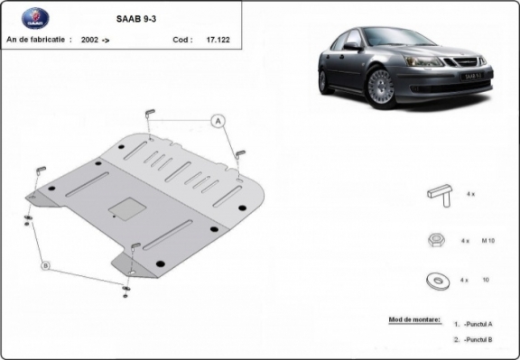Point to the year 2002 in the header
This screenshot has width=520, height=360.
pos(90,40)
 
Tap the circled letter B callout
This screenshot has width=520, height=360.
pos(45,264)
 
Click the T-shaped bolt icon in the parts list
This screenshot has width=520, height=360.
pos(440,194)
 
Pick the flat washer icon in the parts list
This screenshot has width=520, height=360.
pos(439,281)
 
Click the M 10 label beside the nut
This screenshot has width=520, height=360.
pos(488,241)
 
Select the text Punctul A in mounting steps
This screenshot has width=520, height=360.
pos(478,324)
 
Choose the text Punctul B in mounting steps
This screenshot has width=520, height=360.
pos(478,340)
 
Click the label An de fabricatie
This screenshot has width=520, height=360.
pos(37,40)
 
